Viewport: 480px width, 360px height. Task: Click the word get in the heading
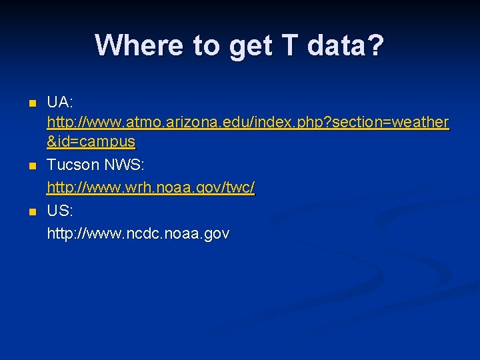[247, 45]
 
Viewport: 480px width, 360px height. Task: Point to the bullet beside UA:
[31, 104]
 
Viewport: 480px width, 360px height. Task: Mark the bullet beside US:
[31, 212]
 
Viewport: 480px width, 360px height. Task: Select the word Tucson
[73, 165]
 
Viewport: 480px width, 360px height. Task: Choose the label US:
[60, 211]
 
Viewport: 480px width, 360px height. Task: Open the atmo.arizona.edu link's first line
[247, 123]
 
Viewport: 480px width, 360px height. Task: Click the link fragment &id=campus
[91, 142]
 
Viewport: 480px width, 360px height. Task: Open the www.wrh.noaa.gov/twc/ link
[151, 188]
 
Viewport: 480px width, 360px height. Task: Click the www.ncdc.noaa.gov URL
[138, 233]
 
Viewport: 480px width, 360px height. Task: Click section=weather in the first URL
[391, 123]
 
